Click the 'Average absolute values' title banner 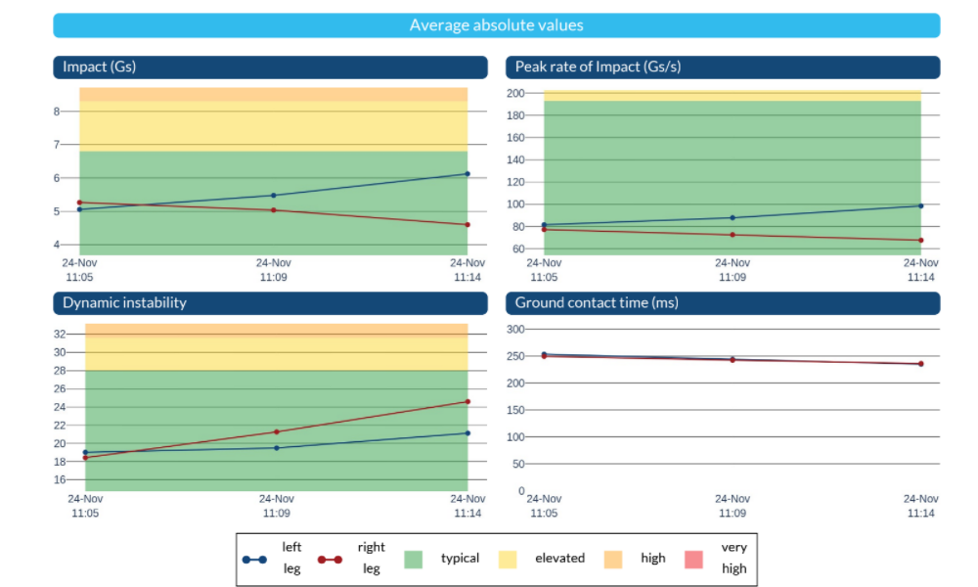[497, 25]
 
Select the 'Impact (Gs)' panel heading [270, 68]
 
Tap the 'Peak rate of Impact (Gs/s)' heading [723, 68]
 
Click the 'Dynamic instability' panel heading [270, 303]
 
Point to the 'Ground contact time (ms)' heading [723, 303]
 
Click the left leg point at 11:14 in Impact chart [467, 174]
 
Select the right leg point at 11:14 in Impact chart [467, 225]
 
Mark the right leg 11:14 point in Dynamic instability [467, 402]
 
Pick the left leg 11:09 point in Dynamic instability [277, 448]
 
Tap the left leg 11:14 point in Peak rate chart [921, 205]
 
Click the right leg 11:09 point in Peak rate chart [733, 235]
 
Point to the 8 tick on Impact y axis [57, 112]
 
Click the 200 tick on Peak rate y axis [515, 94]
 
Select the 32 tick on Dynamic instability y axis [60, 335]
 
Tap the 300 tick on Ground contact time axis [515, 330]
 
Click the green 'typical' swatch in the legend [413, 560]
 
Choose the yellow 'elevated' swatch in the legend [507, 560]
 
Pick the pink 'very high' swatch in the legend [693, 560]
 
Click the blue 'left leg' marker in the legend [254, 560]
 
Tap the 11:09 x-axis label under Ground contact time [733, 506]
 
